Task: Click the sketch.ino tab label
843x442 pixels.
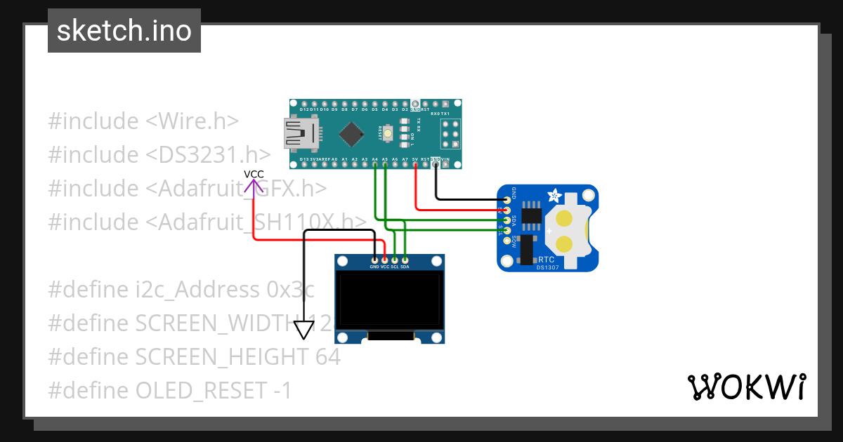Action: coord(124,31)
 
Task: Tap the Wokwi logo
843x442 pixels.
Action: coord(746,387)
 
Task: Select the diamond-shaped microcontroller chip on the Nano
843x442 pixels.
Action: coord(351,133)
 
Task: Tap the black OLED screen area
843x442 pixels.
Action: coord(390,300)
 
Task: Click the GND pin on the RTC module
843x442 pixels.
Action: coord(507,200)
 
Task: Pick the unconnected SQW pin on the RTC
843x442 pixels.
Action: coord(507,241)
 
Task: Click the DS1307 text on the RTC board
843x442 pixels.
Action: coord(548,267)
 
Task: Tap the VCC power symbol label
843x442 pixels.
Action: coord(254,175)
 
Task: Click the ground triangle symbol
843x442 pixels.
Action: coord(303,329)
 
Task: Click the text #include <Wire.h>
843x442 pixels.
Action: coord(143,121)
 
